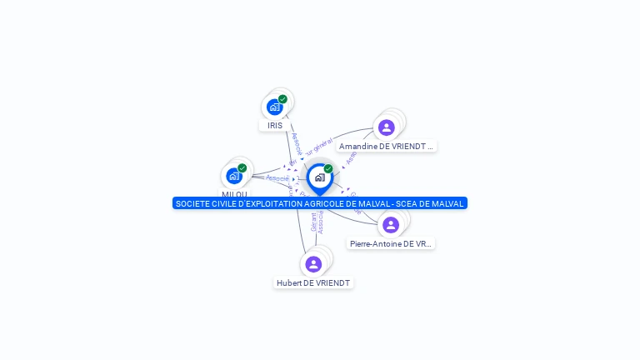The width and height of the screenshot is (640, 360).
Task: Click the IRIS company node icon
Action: [x=274, y=107]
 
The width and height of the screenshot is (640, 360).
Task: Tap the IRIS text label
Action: [x=275, y=125]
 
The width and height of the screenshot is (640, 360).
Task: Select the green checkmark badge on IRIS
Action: [x=282, y=99]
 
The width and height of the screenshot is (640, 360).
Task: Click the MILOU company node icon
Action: [x=234, y=176]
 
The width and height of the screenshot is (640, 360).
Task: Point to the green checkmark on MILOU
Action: [x=242, y=168]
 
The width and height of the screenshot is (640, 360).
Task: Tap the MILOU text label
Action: [x=234, y=194]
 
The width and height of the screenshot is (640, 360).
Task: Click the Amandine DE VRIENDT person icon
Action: [x=386, y=127]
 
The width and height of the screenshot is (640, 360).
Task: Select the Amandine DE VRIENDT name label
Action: [x=387, y=146]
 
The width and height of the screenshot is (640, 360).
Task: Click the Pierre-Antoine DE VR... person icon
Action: [x=391, y=225]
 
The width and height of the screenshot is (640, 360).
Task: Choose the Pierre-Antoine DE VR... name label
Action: [x=391, y=243]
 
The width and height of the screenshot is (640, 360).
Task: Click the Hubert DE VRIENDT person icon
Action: [x=313, y=264]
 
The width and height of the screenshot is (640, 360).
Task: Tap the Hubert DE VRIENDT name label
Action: [x=313, y=282]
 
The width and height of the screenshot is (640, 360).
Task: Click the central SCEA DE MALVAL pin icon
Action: [x=319, y=177]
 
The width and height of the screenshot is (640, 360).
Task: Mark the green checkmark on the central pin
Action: [x=328, y=169]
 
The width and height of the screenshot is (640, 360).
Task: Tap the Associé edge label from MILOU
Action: [x=277, y=178]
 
